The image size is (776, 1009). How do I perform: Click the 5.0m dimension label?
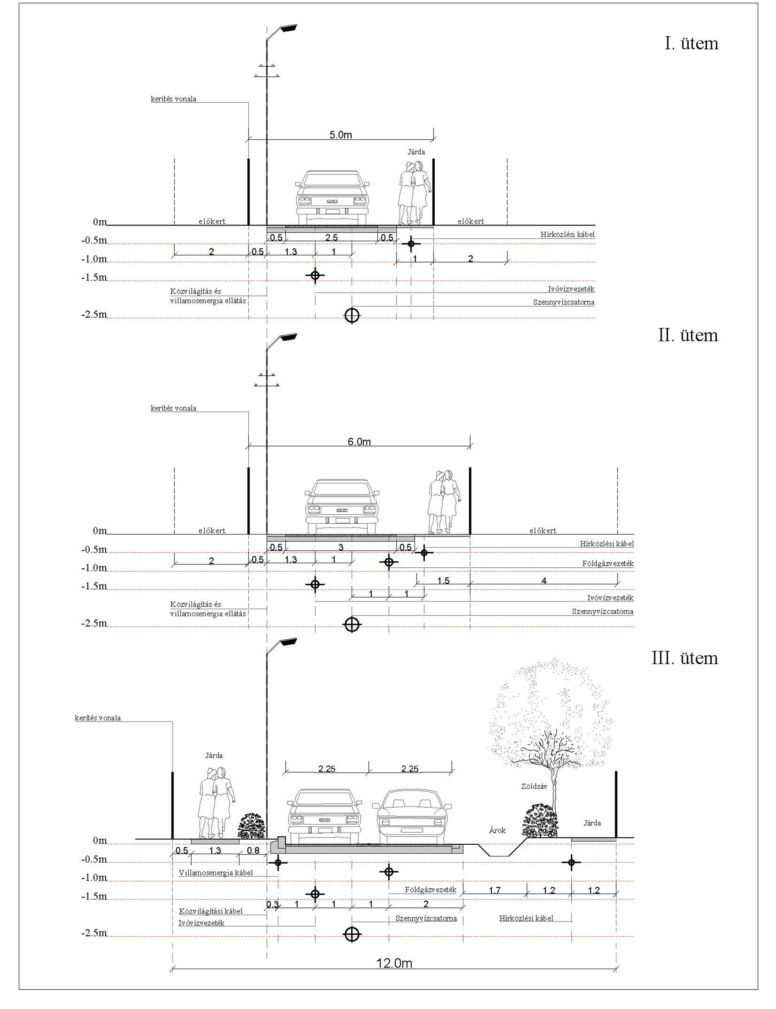pos(340,135)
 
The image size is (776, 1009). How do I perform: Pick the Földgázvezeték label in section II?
pos(608,563)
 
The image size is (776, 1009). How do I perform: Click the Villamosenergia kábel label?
pos(216,873)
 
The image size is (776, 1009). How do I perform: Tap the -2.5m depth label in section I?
pos(94,315)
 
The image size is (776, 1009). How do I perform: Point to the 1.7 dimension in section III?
pos(494,890)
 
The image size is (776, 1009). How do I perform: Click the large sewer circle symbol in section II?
pos(352,624)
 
